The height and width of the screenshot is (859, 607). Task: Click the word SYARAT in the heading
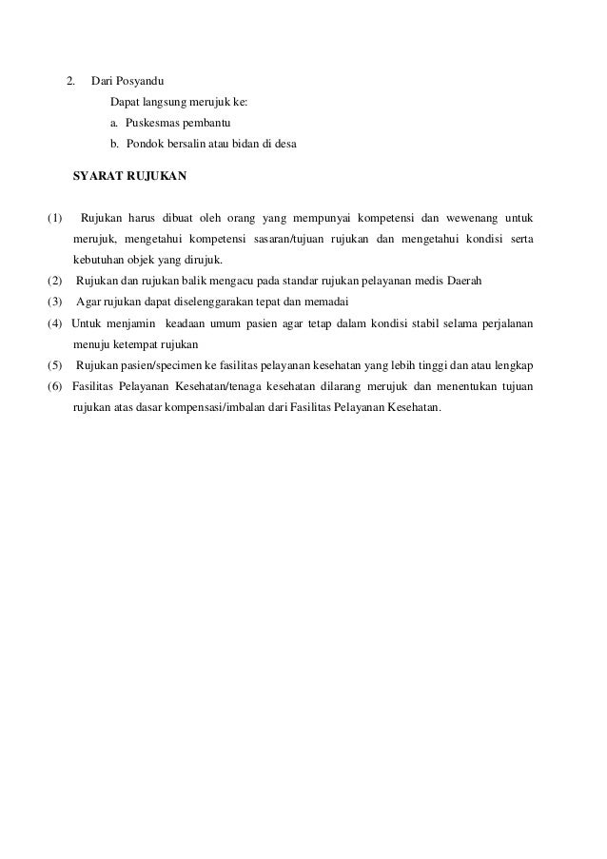101,177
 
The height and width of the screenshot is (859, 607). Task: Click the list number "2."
70,80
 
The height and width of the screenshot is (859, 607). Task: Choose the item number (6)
56,387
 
